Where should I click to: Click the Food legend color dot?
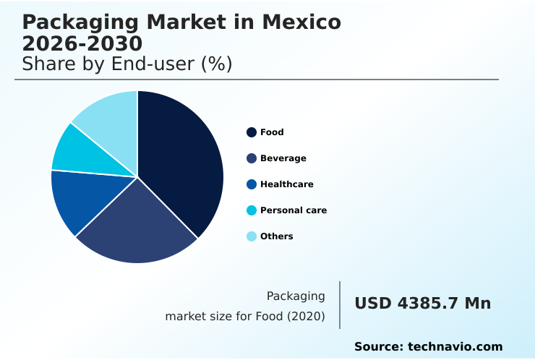point(252,132)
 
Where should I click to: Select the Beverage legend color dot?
point(252,158)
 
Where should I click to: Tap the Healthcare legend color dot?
point(252,184)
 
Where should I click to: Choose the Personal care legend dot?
point(252,210)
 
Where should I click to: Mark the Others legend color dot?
point(252,236)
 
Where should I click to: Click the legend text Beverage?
point(283,158)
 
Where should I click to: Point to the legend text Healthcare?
point(287,184)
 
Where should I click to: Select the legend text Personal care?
point(294,210)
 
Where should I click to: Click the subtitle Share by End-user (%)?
point(127,64)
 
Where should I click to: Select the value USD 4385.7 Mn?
point(422,304)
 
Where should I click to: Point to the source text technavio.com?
point(455,347)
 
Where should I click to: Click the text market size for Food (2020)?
point(245,317)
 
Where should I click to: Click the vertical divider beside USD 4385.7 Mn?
point(340,305)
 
